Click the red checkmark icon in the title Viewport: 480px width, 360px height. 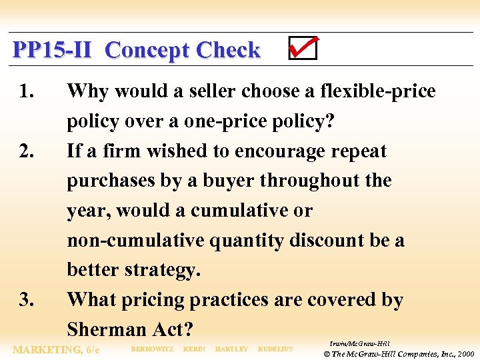(x=303, y=48)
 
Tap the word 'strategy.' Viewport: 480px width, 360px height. (x=161, y=271)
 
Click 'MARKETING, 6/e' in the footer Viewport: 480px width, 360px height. (x=56, y=349)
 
